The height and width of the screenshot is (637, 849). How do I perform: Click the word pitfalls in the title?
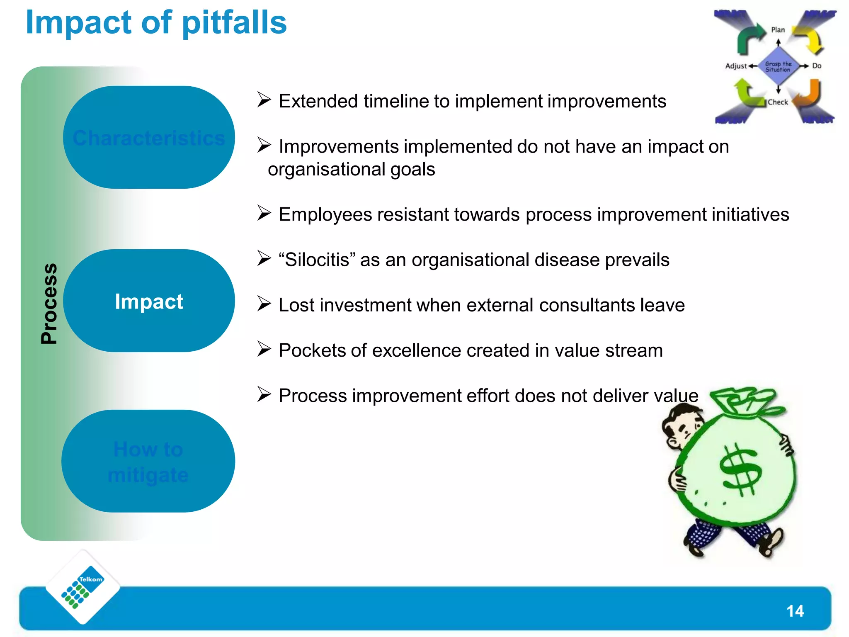click(234, 23)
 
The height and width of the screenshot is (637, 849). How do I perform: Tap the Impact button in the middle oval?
click(149, 301)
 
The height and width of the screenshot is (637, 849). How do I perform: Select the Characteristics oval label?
click(149, 138)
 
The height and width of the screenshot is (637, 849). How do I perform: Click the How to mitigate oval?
click(148, 462)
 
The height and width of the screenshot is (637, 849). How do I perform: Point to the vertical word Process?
click(49, 304)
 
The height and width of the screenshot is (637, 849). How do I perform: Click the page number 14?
click(795, 611)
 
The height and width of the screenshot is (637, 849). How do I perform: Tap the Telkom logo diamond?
click(83, 587)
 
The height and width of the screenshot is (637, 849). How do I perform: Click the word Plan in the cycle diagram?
click(778, 30)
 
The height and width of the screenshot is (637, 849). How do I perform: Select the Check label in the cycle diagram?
click(778, 102)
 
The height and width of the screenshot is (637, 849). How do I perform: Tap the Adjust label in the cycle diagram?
click(736, 66)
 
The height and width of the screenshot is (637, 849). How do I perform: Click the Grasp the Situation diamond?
click(778, 67)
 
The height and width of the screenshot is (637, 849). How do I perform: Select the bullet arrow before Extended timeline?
click(264, 100)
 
